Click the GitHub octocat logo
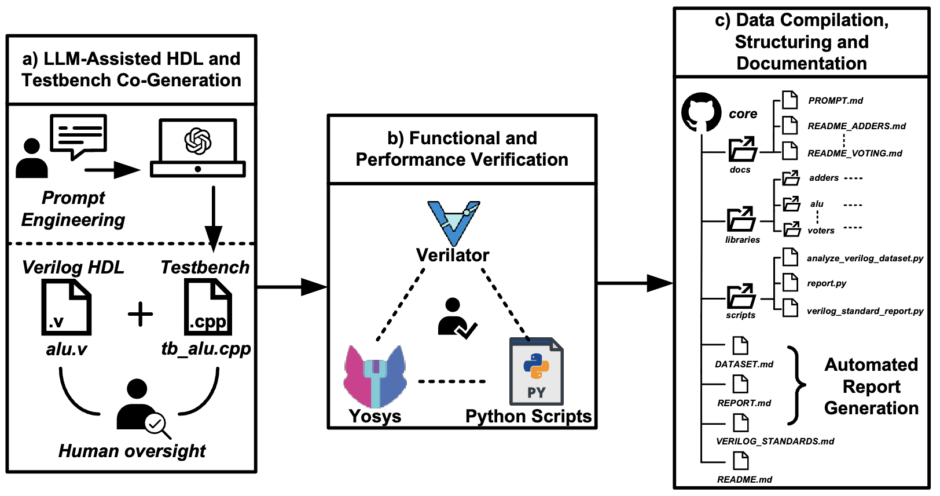[x=701, y=112]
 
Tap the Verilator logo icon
[x=453, y=223]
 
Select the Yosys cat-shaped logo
[x=375, y=377]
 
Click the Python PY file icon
[x=536, y=371]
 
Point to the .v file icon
[x=66, y=307]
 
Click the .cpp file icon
[x=208, y=307]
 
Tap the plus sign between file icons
[x=140, y=315]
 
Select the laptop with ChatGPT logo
[x=198, y=148]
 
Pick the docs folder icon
[x=742, y=150]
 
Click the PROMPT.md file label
[x=835, y=101]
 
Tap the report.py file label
[x=827, y=283]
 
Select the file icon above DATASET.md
[x=740, y=345]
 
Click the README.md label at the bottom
[x=744, y=479]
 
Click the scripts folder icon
[x=741, y=297]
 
